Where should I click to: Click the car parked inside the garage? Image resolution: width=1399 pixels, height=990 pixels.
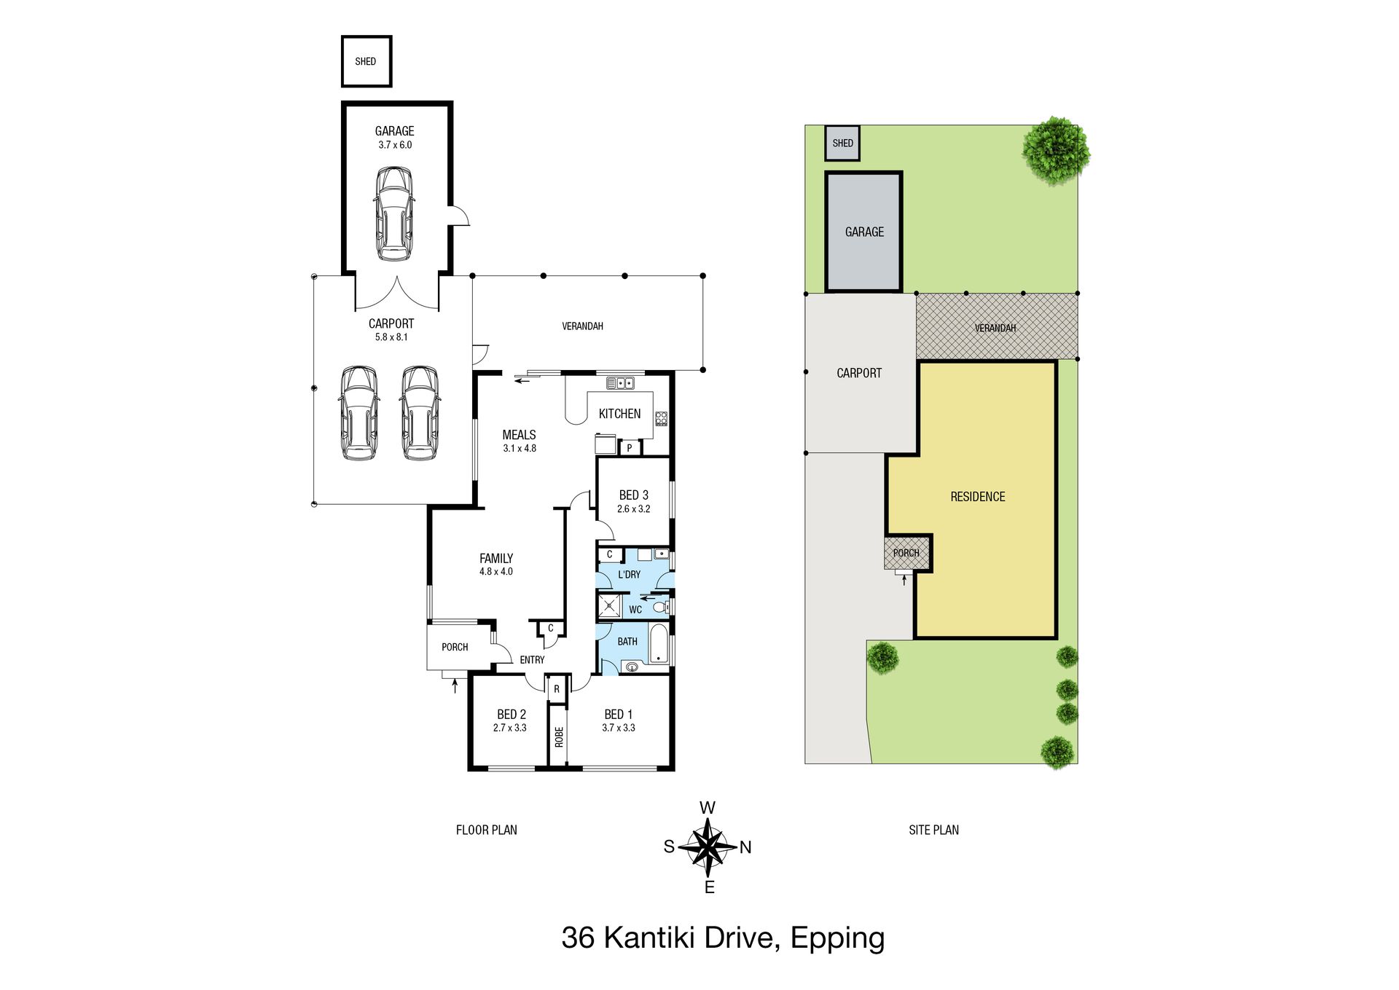[x=394, y=214]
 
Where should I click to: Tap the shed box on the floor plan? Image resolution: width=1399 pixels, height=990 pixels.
[x=367, y=61]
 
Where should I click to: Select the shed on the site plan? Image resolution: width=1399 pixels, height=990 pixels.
[x=842, y=143]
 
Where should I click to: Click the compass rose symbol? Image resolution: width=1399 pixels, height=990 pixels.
[x=708, y=847]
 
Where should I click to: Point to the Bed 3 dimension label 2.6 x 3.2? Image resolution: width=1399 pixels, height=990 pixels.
[x=633, y=509]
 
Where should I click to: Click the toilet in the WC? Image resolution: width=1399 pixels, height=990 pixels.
[x=660, y=606]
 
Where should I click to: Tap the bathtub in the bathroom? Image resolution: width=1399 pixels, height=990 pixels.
[x=659, y=644]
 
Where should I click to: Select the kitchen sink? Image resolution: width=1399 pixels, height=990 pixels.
[x=620, y=382]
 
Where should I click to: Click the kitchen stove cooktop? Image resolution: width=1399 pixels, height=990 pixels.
[x=661, y=418]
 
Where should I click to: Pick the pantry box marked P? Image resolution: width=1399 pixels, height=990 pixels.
[x=629, y=448]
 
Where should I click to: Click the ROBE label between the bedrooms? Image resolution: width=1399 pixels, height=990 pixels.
[x=559, y=737]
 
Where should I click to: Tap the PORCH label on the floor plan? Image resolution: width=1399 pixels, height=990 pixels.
[x=455, y=647]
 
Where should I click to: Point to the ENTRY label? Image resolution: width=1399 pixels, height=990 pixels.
[x=532, y=660]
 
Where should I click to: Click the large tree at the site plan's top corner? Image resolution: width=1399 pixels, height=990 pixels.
[x=1056, y=151]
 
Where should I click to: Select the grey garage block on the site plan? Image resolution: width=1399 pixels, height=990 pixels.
[x=864, y=232]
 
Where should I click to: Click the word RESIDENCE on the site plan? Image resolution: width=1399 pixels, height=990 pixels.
[x=978, y=497]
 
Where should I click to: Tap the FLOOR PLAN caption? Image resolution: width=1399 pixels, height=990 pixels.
[x=487, y=830]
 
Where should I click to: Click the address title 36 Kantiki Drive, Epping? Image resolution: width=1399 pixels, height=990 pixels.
[x=723, y=938]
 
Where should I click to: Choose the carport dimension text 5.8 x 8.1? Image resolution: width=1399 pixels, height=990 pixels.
[x=391, y=337]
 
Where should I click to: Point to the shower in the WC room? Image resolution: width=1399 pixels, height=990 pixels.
[x=609, y=606]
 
